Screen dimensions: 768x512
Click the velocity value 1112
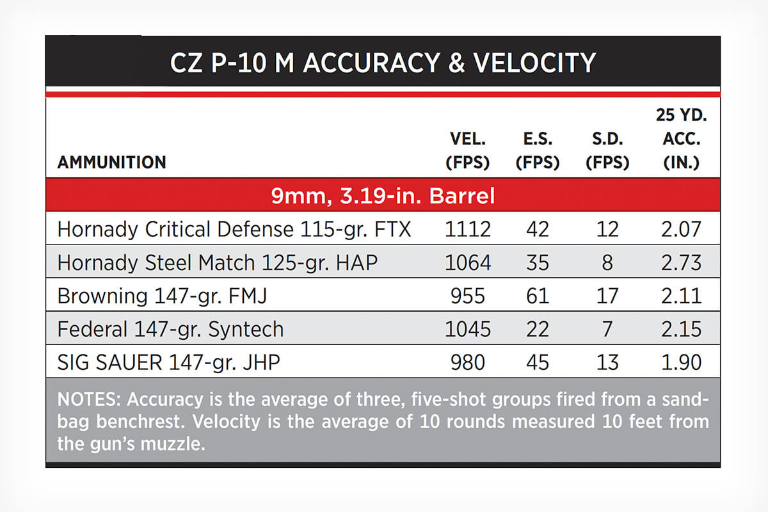coord(468,229)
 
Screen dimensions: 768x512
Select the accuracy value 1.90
coord(681,362)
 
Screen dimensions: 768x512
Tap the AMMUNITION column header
coord(112,162)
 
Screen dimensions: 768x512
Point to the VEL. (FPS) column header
coord(468,150)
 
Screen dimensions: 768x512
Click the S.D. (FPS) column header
coord(607,150)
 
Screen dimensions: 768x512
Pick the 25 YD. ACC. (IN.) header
coord(681,139)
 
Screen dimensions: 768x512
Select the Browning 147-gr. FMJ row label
coord(162,296)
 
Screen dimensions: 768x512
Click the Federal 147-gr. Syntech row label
coord(170,329)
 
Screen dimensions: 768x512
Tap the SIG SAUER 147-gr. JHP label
coord(169,362)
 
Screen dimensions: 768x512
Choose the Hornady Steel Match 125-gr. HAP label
coord(218,262)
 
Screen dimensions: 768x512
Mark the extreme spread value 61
coord(538,296)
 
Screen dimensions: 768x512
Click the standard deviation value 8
coord(607,262)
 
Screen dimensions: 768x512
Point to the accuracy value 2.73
coord(681,262)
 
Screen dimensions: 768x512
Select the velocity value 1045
coord(468,329)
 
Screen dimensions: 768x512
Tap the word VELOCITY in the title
coord(534,63)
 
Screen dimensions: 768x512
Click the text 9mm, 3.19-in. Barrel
coord(383,195)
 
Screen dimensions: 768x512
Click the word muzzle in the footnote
coord(173,444)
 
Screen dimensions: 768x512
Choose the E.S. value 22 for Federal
coord(538,329)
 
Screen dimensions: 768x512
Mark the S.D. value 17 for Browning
coord(607,296)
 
